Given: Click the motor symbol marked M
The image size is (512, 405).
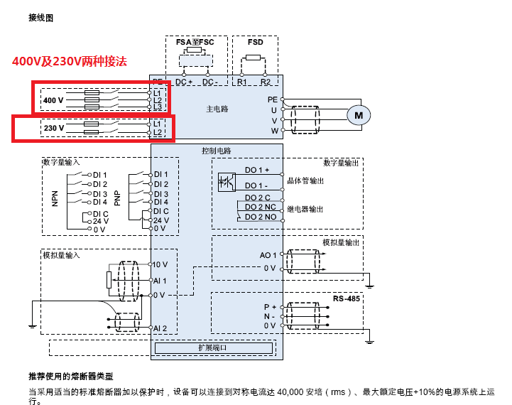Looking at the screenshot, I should click(x=359, y=114).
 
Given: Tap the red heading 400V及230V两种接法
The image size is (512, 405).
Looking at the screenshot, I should click(x=69, y=61).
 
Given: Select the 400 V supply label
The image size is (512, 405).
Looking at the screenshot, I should click(x=53, y=100).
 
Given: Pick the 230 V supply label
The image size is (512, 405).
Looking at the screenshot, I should click(x=54, y=128).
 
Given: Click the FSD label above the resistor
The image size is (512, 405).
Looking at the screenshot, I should click(x=255, y=43).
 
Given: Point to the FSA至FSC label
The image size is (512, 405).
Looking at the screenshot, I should click(x=195, y=43).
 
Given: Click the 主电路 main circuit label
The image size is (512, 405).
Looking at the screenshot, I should click(x=217, y=109).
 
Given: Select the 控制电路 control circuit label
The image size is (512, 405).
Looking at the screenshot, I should click(x=217, y=151).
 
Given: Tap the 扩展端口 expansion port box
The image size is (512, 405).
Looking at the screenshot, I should click(x=214, y=348).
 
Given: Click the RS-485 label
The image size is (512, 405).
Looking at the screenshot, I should click(x=348, y=298).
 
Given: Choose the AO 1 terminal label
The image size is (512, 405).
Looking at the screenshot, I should click(x=268, y=254).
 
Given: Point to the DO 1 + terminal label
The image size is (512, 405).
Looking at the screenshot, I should click(x=257, y=170).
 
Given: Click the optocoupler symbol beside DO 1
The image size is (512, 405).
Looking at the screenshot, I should click(x=226, y=182).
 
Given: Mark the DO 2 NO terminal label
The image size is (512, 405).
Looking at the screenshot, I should click(x=261, y=216).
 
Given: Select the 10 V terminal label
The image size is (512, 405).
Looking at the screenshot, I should click(x=160, y=264).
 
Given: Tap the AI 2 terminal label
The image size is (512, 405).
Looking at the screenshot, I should click(x=160, y=328).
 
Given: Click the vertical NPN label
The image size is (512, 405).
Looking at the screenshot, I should click(x=55, y=197).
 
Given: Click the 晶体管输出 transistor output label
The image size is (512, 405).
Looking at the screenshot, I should click(x=305, y=181).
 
